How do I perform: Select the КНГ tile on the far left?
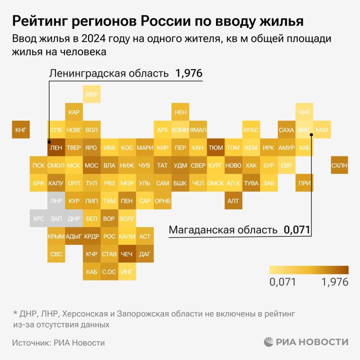[x=21, y=130]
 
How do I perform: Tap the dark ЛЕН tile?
[x=56, y=148]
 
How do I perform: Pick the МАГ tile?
[x=305, y=130]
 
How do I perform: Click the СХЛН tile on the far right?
[x=339, y=165]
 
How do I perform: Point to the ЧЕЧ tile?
[x=127, y=254]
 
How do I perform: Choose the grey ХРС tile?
[x=39, y=219]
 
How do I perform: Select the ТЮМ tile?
[x=216, y=148]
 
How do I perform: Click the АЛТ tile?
[x=233, y=201]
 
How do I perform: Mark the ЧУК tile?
[x=305, y=112]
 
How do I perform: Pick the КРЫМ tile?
[x=56, y=236]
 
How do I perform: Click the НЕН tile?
[x=180, y=112]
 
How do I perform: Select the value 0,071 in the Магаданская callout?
[x=297, y=230]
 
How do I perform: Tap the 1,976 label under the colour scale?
[x=335, y=282]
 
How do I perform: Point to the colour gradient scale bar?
[x=309, y=270]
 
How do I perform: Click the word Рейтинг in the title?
[x=40, y=21]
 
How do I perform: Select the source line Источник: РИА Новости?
[x=58, y=343]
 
